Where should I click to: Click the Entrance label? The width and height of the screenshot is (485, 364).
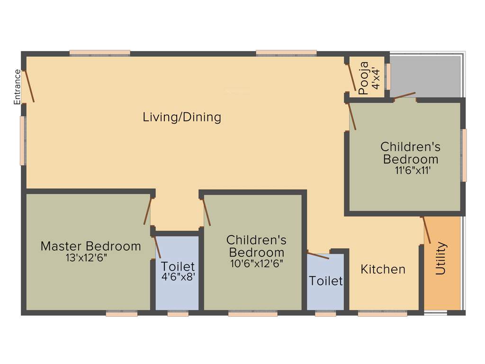pyautogui.click(x=18, y=87)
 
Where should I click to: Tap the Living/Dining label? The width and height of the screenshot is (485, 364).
pyautogui.click(x=182, y=117)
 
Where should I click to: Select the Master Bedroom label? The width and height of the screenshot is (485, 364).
pyautogui.click(x=90, y=246)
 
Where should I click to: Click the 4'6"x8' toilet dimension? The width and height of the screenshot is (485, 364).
pyautogui.click(x=178, y=277)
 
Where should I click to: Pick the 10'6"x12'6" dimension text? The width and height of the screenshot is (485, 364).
pyautogui.click(x=256, y=264)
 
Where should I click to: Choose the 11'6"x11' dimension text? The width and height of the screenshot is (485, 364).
pyautogui.click(x=413, y=171)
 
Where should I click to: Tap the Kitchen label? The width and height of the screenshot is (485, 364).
pyautogui.click(x=383, y=269)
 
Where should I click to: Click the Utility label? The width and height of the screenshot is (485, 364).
pyautogui.click(x=441, y=258)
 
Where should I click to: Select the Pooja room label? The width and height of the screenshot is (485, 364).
pyautogui.click(x=364, y=78)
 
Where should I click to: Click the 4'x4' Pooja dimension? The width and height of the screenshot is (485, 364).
pyautogui.click(x=376, y=78)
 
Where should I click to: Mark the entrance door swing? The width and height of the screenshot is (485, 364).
pyautogui.click(x=29, y=86)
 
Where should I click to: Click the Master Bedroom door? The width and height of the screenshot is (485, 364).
pyautogui.click(x=148, y=211)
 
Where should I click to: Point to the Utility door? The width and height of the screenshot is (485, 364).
pyautogui.click(x=427, y=230)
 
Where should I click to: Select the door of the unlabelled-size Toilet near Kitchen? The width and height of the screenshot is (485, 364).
pyautogui.click(x=318, y=255)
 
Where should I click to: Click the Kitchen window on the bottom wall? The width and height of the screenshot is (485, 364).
pyautogui.click(x=382, y=313)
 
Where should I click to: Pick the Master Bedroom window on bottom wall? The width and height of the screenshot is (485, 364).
pyautogui.click(x=121, y=313)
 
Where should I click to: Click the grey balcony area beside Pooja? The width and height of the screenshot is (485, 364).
pyautogui.click(x=425, y=76)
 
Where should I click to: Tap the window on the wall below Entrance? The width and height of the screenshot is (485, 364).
pyautogui.click(x=22, y=141)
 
